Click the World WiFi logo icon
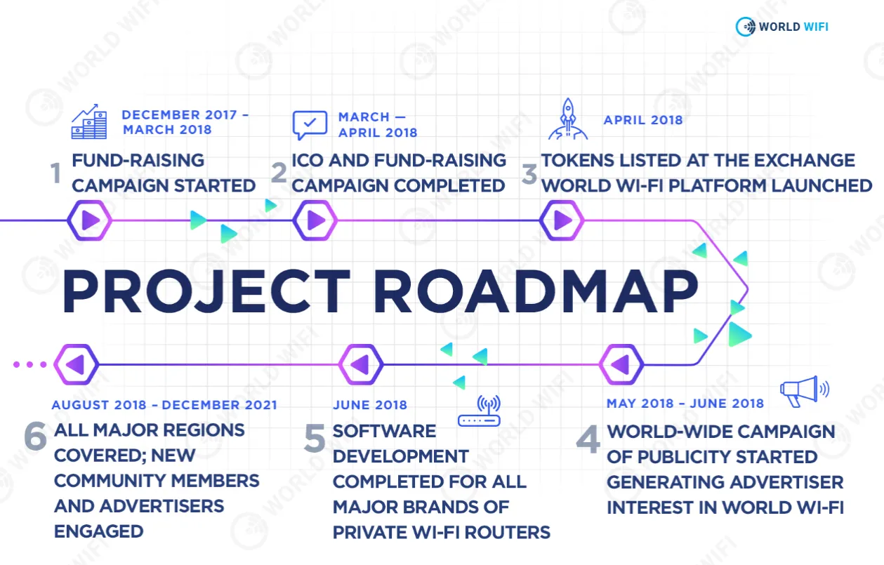pos(746,27)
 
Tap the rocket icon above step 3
pos(568,119)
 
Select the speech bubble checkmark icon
pos(310,125)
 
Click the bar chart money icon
pos(89,121)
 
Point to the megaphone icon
pos(805,392)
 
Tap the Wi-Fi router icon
pos(480,411)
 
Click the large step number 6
pos(36,436)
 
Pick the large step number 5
pos(315,437)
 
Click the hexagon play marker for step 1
pos(90,220)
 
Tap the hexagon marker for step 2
pos(315,220)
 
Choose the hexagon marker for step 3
pos(562,220)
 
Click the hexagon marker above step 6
pos(76,364)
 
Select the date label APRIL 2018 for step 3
pos(643,120)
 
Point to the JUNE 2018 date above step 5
pos(370,405)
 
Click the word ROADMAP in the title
pos(536,291)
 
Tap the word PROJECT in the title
pos(206,291)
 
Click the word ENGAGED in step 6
pos(99,531)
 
